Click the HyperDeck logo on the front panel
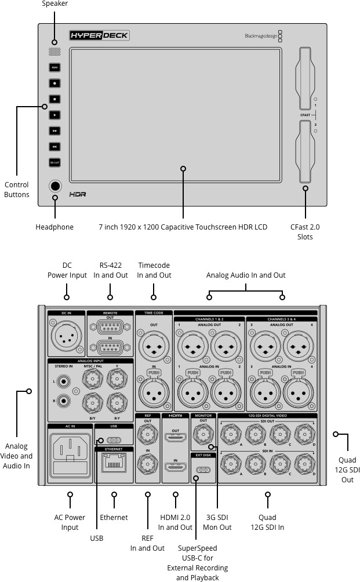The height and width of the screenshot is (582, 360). point(99,36)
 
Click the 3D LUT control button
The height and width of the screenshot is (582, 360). point(54,163)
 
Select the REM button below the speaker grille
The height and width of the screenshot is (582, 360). point(54,67)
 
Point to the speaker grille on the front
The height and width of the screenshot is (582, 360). point(54,52)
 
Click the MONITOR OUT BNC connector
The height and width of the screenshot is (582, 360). point(203,433)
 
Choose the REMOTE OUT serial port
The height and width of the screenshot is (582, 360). point(110,326)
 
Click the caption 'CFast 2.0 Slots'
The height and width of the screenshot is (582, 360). point(305,232)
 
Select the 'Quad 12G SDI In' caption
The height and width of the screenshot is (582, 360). point(268,522)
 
